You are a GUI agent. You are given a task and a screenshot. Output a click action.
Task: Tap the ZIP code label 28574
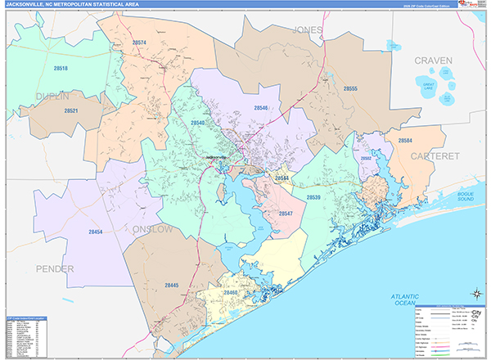point(139,43)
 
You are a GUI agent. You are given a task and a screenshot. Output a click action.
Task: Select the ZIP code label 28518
point(61,69)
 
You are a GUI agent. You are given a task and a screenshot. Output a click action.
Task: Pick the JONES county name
point(306,29)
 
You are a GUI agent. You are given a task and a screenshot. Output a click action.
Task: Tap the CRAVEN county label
point(433,61)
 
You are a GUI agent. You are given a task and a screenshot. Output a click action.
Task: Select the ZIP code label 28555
point(350,88)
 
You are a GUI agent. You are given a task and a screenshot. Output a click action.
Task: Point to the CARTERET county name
point(436,155)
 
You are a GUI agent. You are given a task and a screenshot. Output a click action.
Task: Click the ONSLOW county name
point(152,230)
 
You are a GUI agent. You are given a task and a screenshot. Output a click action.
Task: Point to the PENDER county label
point(54,268)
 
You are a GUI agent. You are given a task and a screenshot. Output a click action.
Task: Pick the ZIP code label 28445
point(171,285)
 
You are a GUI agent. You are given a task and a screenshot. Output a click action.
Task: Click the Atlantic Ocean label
point(404,300)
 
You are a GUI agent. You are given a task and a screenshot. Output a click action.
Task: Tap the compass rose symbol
point(474,294)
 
